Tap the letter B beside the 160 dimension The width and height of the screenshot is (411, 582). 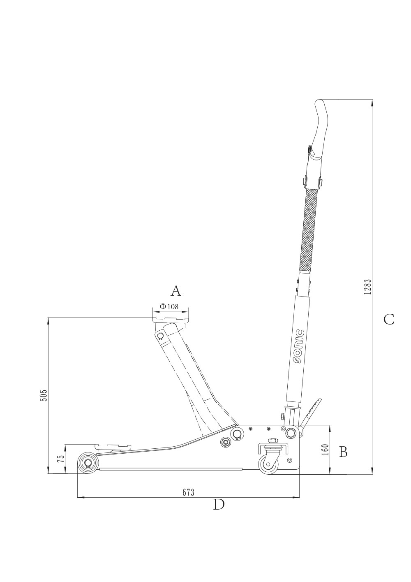(343, 452)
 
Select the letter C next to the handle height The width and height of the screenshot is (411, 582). (389, 319)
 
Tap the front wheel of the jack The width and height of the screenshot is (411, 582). (88, 463)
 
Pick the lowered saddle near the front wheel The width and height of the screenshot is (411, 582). (113, 447)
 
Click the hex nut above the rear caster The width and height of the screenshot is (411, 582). (272, 440)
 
